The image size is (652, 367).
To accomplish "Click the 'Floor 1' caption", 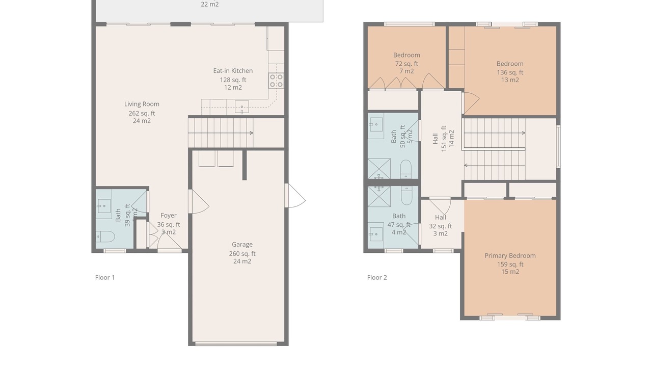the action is click(x=105, y=278).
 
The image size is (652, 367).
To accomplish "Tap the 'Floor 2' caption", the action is click(x=377, y=278).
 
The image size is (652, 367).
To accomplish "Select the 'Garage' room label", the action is click(x=242, y=245).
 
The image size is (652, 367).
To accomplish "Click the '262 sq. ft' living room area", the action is click(x=142, y=113).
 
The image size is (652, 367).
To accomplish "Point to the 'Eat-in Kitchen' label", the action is click(x=233, y=71).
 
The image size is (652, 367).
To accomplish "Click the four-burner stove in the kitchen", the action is click(x=276, y=81).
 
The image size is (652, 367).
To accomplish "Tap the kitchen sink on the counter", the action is click(x=241, y=107).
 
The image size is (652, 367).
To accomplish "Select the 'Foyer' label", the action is click(x=169, y=216).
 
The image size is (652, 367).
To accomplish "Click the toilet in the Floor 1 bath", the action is click(x=105, y=237).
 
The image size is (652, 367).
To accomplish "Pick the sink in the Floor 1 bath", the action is click(x=104, y=206).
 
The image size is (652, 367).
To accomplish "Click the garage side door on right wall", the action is click(x=295, y=196).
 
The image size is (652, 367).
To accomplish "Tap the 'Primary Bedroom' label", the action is click(x=510, y=256).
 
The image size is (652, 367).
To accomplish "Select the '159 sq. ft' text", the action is click(x=510, y=265).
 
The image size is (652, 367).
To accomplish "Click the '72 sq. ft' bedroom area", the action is click(x=406, y=64).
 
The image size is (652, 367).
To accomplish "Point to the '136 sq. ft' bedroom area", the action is click(x=510, y=72).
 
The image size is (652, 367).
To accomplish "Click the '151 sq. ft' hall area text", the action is click(x=444, y=139).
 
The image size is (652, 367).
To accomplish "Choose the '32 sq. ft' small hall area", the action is click(x=441, y=226).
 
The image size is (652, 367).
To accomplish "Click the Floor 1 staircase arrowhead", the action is click(x=252, y=133).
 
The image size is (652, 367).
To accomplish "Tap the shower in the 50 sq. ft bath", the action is click(x=379, y=168).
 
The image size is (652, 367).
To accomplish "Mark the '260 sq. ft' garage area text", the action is click(x=242, y=254).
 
